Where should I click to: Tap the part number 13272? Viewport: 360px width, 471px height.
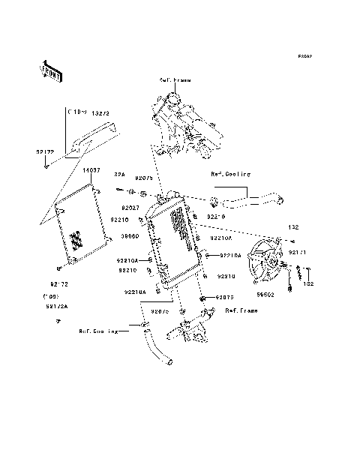101,112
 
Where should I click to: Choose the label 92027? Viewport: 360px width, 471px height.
130,207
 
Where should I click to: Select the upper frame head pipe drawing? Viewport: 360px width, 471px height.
183,124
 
